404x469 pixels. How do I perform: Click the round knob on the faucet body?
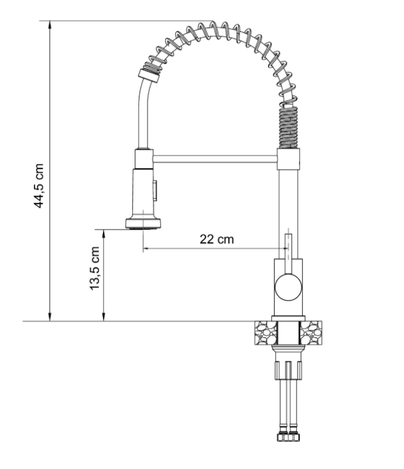(x=288, y=287)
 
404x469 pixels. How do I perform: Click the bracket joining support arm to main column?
(x=289, y=158)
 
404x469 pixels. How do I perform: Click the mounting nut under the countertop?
(x=288, y=371)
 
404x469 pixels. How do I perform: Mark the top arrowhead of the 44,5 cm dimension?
(x=51, y=25)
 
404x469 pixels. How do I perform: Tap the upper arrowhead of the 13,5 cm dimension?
(x=104, y=233)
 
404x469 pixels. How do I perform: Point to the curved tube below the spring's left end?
(x=142, y=111)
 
